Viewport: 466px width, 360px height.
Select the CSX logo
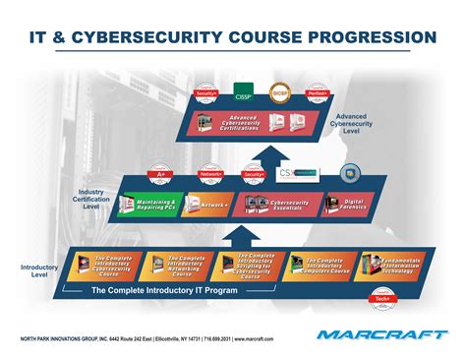(302, 172)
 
